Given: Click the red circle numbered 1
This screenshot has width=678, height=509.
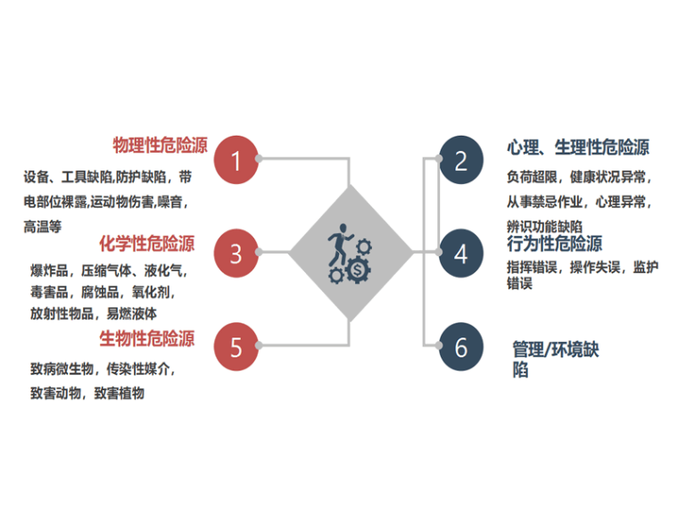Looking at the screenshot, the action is click(x=236, y=161).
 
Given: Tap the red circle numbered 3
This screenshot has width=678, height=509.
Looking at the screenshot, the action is click(x=236, y=254).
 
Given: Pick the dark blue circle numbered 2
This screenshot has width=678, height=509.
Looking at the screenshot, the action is click(x=460, y=161).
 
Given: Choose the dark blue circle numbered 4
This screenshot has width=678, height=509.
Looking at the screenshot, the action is click(x=460, y=254).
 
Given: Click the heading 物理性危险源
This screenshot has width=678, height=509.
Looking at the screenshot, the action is click(x=160, y=146).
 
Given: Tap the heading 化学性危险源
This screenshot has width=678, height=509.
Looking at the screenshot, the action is click(x=146, y=243).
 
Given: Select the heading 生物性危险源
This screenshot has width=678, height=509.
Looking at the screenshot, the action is click(x=146, y=338).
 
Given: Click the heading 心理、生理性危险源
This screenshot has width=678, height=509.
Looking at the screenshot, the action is click(x=577, y=147).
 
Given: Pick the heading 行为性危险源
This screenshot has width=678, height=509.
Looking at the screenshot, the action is click(x=554, y=243).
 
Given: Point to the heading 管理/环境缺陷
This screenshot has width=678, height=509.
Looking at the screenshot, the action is click(x=555, y=358).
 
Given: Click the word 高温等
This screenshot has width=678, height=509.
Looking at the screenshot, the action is click(x=42, y=227).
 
